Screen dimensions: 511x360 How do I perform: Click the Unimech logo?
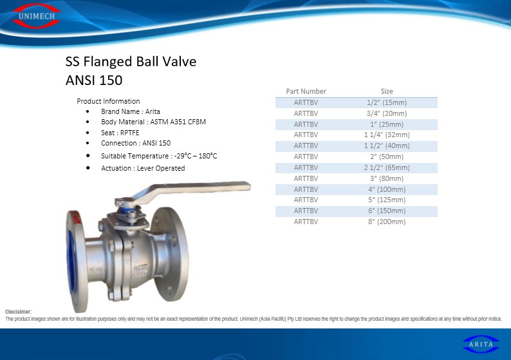(36, 15)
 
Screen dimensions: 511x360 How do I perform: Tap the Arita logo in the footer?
(481, 344)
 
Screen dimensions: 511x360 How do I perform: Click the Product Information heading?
(108, 101)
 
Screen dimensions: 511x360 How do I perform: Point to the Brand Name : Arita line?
(131, 111)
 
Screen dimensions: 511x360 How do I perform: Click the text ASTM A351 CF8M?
(178, 122)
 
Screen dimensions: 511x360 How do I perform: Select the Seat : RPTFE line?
(120, 133)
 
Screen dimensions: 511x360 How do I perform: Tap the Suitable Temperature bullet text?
(159, 156)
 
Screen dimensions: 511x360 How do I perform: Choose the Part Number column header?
(306, 91)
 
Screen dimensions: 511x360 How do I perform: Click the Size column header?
(387, 91)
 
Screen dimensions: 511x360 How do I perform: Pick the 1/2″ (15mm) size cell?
(387, 102)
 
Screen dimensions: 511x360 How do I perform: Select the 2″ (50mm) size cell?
(387, 156)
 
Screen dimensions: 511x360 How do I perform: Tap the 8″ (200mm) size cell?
(387, 222)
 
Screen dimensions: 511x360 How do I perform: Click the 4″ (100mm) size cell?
(387, 189)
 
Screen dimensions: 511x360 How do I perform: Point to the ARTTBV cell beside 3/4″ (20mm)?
(306, 113)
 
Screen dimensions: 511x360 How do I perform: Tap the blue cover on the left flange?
(70, 258)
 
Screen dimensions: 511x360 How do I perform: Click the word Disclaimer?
(18, 312)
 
